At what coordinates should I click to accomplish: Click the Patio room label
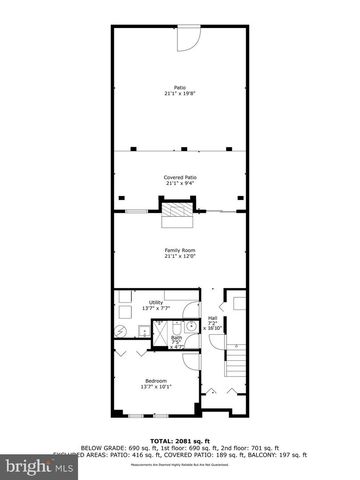tap(180, 87)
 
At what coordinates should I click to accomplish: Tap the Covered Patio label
tap(180, 177)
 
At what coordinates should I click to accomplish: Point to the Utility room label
tap(155, 302)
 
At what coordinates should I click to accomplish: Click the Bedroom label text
tap(156, 380)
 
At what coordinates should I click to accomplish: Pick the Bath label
tap(176, 338)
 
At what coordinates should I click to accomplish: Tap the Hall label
tap(212, 315)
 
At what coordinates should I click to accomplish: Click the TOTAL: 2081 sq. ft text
tap(180, 440)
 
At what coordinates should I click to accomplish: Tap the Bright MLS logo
tap(30, 466)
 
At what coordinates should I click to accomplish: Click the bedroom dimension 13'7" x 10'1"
tap(156, 387)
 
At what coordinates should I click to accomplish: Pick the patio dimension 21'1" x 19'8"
tap(180, 94)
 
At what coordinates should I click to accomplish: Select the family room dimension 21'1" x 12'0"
tap(180, 256)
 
